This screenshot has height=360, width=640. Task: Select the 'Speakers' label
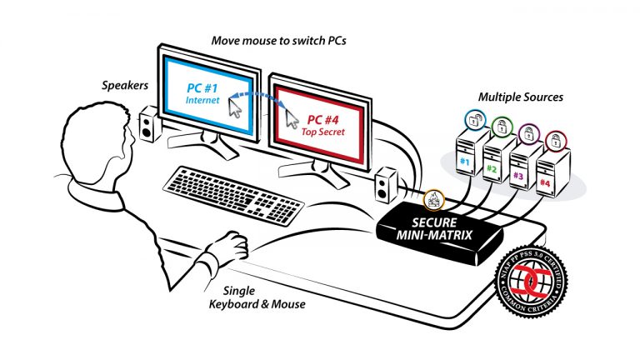pos(126,84)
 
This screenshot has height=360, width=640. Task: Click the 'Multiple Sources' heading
pos(520,97)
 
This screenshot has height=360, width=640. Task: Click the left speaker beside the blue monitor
pos(147,125)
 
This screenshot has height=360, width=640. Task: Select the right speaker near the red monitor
pos(386,185)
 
